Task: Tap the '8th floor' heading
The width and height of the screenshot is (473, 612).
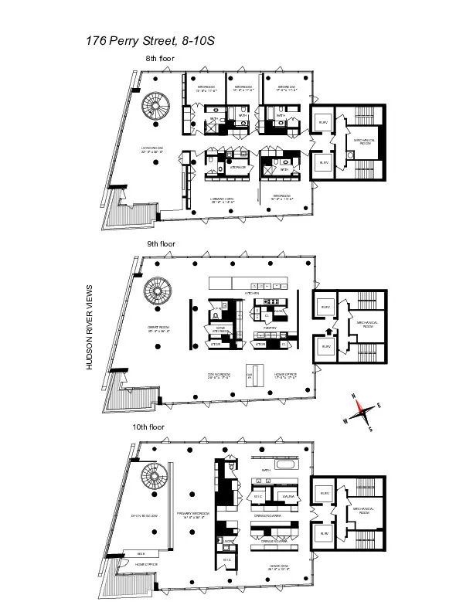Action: (160, 59)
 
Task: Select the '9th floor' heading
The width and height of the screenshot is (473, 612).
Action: (160, 243)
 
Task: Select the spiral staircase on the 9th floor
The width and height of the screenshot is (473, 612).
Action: (159, 292)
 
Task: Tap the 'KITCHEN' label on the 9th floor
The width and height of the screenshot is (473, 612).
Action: (252, 294)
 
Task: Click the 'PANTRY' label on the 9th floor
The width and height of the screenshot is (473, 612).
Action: (270, 327)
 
